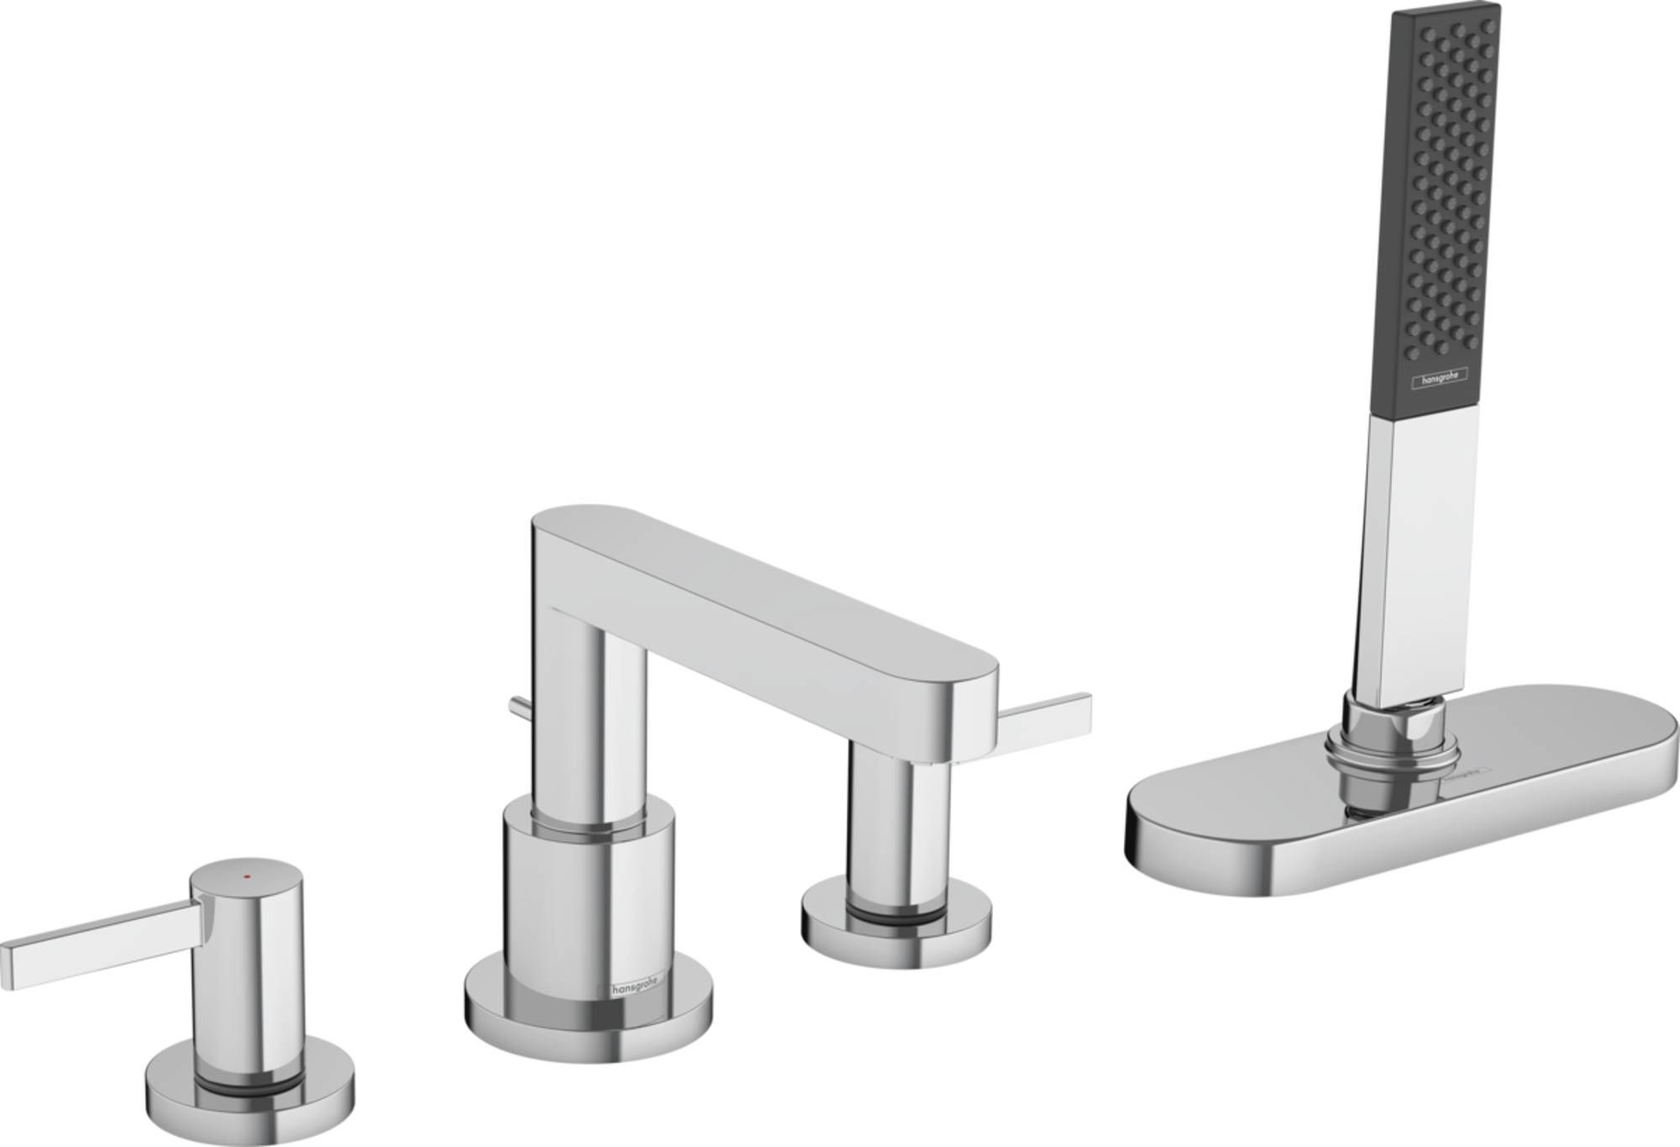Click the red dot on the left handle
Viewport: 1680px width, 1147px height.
pyautogui.click(x=245, y=875)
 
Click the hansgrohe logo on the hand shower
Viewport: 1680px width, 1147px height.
pyautogui.click(x=1439, y=379)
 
